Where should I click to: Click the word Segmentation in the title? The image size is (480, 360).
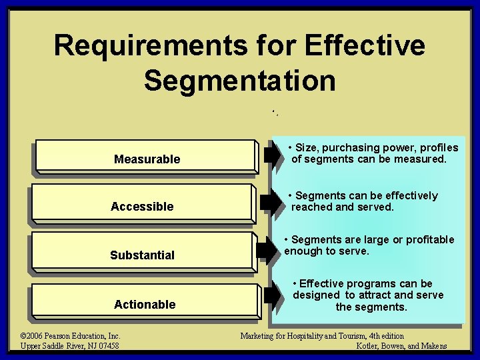pyautogui.click(x=239, y=80)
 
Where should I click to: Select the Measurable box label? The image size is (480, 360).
pyautogui.click(x=147, y=159)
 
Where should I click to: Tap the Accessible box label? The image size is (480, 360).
pyautogui.click(x=142, y=207)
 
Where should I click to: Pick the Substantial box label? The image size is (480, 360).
pyautogui.click(x=142, y=255)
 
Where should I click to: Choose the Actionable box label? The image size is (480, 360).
pyautogui.click(x=145, y=305)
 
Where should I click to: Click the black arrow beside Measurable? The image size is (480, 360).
pyautogui.click(x=273, y=155)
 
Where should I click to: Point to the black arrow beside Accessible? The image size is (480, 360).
pyautogui.click(x=273, y=202)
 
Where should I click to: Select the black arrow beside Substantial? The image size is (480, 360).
pyautogui.click(x=273, y=247)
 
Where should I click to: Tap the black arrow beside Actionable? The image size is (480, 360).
pyautogui.click(x=273, y=294)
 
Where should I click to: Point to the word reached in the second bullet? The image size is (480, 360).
pyautogui.click(x=311, y=207)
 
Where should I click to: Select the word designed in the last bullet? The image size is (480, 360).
pyautogui.click(x=317, y=295)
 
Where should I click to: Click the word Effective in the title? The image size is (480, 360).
pyautogui.click(x=363, y=45)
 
